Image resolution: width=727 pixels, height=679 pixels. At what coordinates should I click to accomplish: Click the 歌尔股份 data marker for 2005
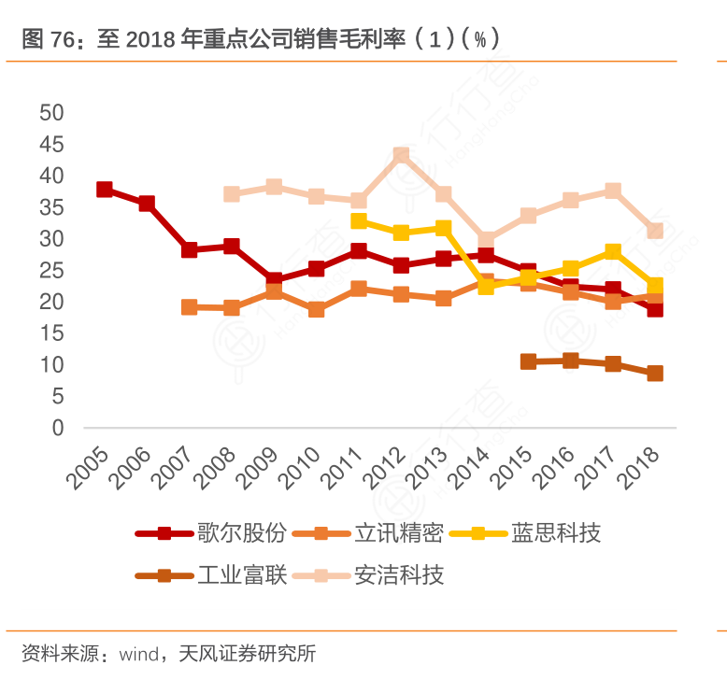click(105, 190)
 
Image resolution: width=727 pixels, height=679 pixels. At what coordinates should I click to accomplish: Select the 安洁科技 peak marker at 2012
click(401, 155)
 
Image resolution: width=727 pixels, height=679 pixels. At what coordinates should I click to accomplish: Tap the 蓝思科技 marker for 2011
click(359, 221)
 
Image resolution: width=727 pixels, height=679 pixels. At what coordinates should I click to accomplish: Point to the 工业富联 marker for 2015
click(528, 361)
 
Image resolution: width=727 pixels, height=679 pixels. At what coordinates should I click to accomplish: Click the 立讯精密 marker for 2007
click(189, 307)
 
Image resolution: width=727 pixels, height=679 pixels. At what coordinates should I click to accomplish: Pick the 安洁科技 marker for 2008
click(232, 194)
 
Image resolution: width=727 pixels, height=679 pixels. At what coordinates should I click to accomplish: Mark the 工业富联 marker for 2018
click(655, 374)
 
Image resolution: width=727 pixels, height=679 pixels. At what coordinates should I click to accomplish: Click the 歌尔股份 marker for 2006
click(147, 204)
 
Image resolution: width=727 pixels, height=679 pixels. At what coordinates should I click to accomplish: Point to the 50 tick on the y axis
click(51, 113)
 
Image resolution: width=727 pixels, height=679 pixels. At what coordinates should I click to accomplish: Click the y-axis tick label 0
click(57, 429)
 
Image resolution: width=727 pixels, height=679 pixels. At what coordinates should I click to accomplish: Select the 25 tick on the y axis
click(51, 271)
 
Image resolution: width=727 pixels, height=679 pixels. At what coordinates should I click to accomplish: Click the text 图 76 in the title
click(47, 38)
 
